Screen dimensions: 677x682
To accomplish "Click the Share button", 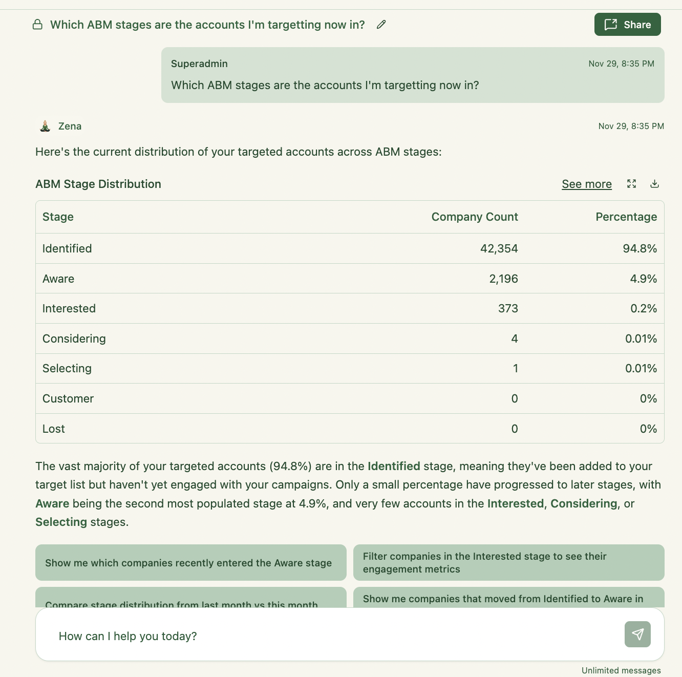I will click(627, 25).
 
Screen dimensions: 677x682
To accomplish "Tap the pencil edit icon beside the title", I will click(381, 25).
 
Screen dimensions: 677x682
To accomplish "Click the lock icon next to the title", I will click(37, 25).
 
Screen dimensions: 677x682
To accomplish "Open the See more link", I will click(586, 184).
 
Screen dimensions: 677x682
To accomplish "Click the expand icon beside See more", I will click(631, 184).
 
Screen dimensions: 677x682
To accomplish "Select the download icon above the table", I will click(654, 184).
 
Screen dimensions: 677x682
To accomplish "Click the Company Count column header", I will click(474, 217).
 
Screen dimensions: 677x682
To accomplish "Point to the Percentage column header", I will click(626, 217).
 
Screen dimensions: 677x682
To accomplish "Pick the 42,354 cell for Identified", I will click(499, 248).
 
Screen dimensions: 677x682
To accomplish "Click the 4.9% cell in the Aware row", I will click(643, 279).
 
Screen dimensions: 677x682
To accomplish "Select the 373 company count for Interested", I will click(508, 308).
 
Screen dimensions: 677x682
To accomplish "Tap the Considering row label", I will click(74, 338).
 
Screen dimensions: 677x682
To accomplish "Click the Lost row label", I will click(54, 429).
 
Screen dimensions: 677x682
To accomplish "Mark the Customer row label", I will click(68, 398).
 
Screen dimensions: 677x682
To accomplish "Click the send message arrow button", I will click(637, 634).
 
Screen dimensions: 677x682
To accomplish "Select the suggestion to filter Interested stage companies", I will click(508, 563).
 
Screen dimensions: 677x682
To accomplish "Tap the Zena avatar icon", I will click(45, 126).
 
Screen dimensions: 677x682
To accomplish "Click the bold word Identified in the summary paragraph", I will click(394, 466).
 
